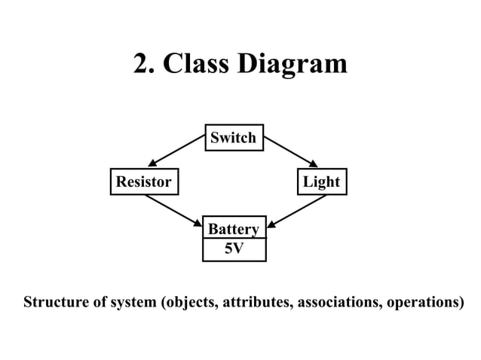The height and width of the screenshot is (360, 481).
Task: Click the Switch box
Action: (x=234, y=138)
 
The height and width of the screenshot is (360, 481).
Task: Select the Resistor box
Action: (x=143, y=182)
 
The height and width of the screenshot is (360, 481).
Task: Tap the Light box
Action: (x=321, y=182)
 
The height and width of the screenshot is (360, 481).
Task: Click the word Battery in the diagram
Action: (x=233, y=229)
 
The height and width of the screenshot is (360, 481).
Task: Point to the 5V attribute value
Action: (x=234, y=249)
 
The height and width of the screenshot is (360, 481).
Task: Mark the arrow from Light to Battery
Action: (x=297, y=210)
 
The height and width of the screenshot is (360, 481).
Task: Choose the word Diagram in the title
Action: (x=293, y=65)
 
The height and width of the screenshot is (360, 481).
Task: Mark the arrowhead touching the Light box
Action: (x=314, y=163)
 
